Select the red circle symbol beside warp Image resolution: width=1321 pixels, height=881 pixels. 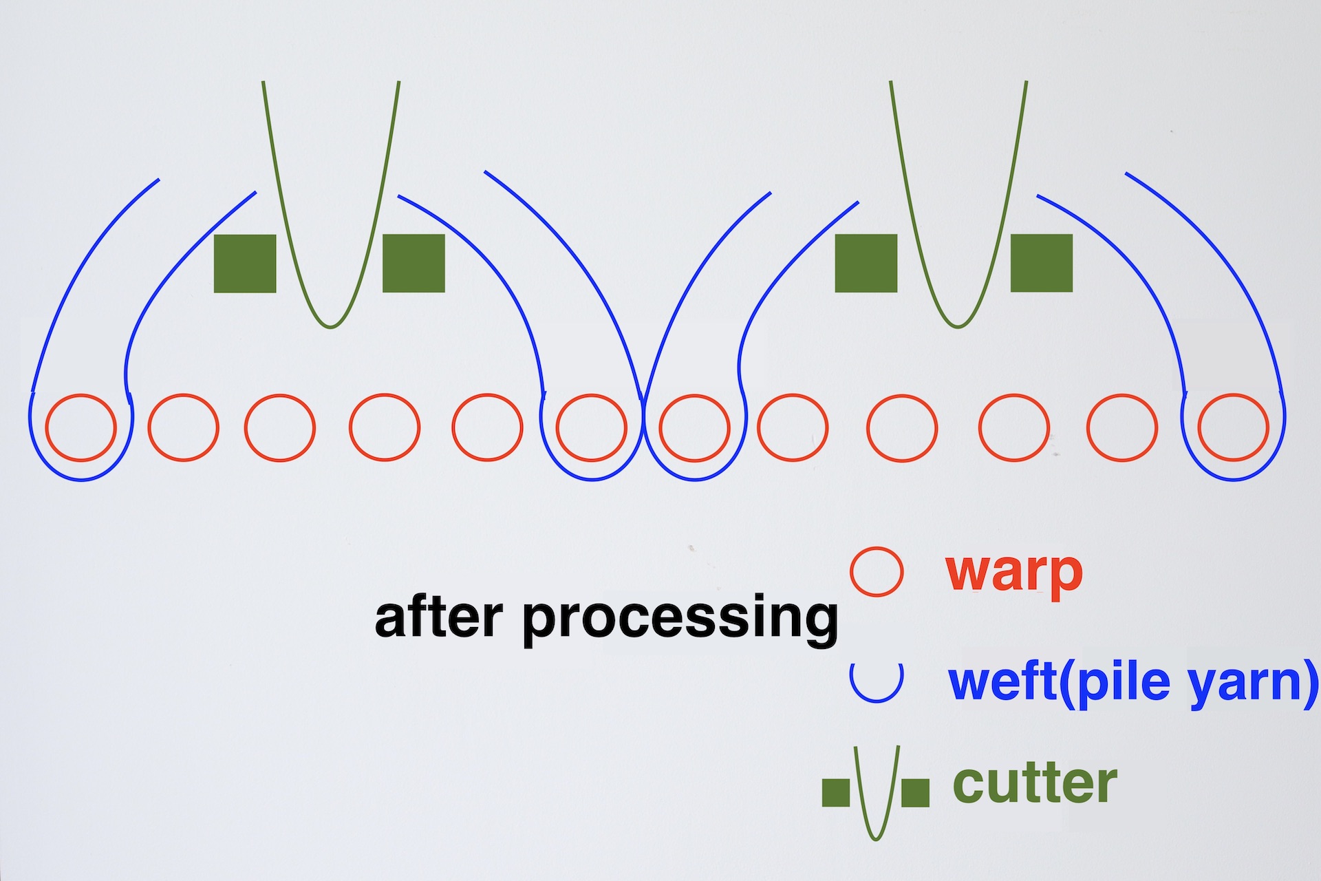(876, 571)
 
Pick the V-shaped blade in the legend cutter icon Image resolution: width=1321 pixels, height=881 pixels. (876, 798)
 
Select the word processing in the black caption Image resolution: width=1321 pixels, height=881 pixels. (680, 619)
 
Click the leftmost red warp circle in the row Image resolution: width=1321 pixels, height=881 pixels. (80, 427)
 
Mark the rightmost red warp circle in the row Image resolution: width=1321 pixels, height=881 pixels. (1233, 427)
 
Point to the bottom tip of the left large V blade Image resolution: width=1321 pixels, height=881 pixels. (330, 326)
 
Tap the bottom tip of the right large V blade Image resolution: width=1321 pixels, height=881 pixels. (957, 326)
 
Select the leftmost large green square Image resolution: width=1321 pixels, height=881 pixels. (245, 264)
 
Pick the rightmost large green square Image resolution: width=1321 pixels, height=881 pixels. (1041, 263)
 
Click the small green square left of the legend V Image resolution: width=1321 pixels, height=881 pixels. (836, 792)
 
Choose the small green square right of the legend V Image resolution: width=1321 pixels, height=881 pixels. (915, 792)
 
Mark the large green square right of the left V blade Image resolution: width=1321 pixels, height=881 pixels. (414, 263)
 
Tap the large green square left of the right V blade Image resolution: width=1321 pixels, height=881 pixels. (866, 263)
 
